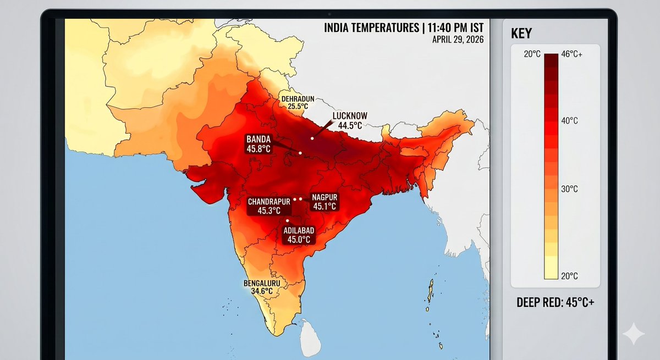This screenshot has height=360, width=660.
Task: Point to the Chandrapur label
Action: coord(268,201)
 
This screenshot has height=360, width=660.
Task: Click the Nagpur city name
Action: coord(324,197)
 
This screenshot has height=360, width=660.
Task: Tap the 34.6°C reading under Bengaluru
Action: coord(262,291)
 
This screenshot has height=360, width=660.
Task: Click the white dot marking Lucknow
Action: coord(312,138)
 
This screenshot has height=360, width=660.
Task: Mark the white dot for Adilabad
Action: coord(287,220)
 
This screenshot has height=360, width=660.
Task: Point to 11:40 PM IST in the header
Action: coord(452,27)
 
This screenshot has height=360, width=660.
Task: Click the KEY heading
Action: coord(522,34)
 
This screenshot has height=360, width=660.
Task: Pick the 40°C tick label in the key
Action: coord(569,120)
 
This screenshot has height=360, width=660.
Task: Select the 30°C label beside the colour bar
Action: coord(569,189)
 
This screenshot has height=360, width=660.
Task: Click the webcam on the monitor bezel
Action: coord(329,13)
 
